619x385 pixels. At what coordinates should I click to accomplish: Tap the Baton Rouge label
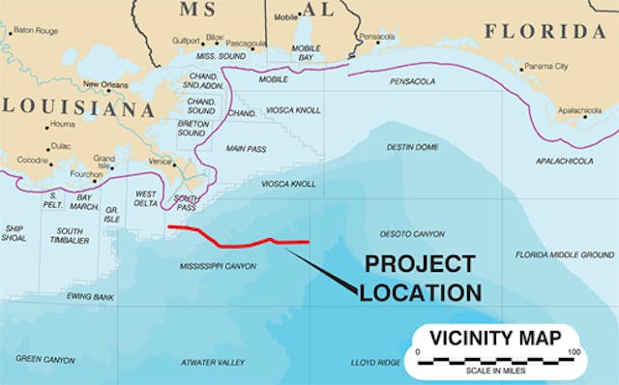pyautogui.click(x=36, y=31)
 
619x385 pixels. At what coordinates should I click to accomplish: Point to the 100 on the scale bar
pyautogui.click(x=575, y=351)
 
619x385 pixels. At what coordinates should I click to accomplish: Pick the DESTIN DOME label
pyautogui.click(x=413, y=147)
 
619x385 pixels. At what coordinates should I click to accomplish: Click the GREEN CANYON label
pyautogui.click(x=44, y=359)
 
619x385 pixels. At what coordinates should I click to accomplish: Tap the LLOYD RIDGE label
pyautogui.click(x=375, y=362)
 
